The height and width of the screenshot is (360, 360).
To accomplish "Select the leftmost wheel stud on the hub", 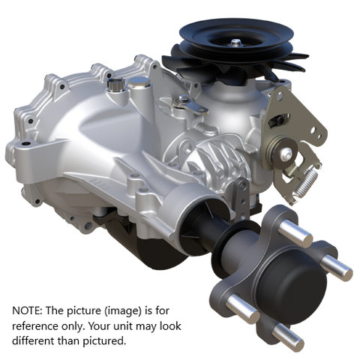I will click(x=241, y=304).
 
